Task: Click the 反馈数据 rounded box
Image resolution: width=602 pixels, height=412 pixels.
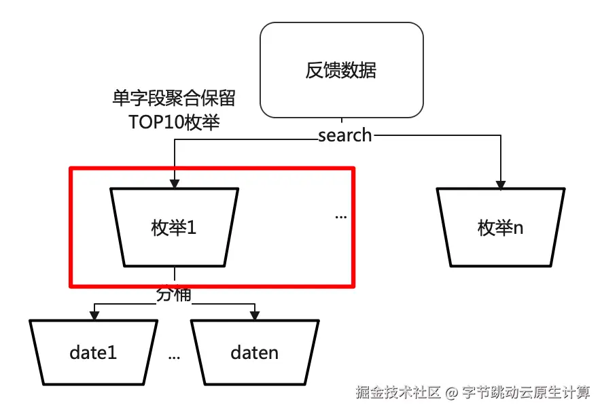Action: click(341, 71)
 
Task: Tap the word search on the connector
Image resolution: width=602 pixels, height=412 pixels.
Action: click(345, 135)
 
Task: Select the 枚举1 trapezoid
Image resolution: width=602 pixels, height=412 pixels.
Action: click(174, 228)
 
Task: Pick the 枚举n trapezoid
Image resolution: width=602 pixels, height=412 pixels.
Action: click(501, 228)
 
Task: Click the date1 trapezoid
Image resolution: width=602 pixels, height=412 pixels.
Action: click(94, 352)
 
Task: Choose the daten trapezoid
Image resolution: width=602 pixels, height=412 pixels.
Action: click(255, 352)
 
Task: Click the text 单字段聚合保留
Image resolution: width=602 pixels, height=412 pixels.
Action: click(174, 99)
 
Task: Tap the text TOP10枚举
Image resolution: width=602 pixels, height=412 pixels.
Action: click(174, 122)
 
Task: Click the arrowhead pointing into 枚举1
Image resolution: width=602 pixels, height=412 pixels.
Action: click(175, 184)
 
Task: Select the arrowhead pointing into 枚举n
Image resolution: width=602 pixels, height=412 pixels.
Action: click(501, 184)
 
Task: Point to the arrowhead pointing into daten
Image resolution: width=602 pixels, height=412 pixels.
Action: click(255, 315)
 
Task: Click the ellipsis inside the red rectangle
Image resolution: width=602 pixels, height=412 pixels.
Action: click(341, 217)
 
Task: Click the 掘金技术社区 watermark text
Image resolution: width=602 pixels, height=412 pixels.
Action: click(399, 393)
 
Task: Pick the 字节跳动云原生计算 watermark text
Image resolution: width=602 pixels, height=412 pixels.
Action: click(526, 393)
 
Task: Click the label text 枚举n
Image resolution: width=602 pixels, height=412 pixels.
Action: click(501, 228)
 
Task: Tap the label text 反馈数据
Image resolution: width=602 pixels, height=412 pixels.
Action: click(341, 71)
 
